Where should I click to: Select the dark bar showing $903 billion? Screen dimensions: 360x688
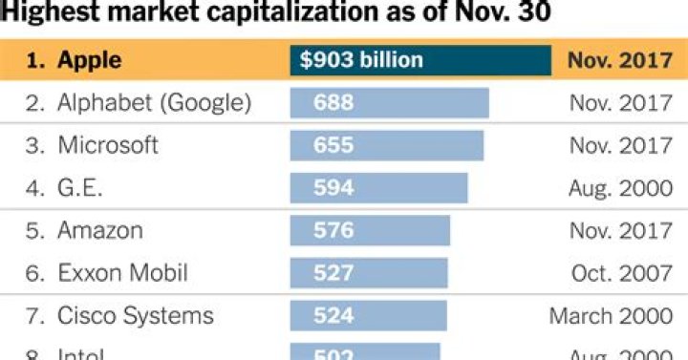point(420,60)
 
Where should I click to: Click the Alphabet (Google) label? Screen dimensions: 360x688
point(154,103)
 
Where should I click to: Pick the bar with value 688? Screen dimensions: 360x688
point(389,103)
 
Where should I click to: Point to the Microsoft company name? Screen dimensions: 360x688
point(107,145)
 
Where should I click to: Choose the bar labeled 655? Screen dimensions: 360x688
point(387,145)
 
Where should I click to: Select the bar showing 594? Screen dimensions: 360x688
point(378,188)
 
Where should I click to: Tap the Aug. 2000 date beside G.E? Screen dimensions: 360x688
point(619,188)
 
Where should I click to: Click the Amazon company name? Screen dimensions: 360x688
point(100,230)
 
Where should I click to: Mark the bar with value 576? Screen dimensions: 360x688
point(370,230)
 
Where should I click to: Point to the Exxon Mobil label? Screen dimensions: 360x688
point(122,273)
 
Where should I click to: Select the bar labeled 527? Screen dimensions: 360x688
point(369,273)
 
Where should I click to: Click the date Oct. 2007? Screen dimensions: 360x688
point(621,273)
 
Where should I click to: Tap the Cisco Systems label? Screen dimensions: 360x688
point(136,315)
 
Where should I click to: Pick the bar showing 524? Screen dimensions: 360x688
point(368,315)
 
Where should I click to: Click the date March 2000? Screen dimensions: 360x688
point(611,315)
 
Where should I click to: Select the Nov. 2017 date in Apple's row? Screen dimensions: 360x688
point(619,60)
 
